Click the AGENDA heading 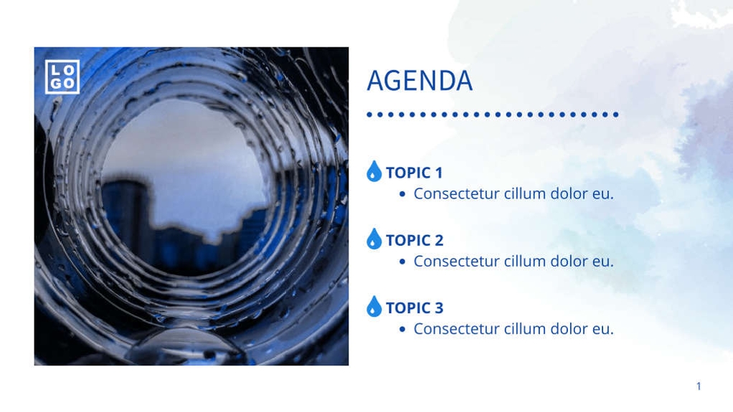pyautogui.click(x=420, y=81)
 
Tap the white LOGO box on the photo pyautogui.click(x=62, y=77)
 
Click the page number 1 pyautogui.click(x=699, y=386)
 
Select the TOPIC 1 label pyautogui.click(x=415, y=173)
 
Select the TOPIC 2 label pyautogui.click(x=415, y=240)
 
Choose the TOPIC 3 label pyautogui.click(x=415, y=308)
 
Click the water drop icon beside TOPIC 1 pyautogui.click(x=374, y=171)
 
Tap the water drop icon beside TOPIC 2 pyautogui.click(x=374, y=239)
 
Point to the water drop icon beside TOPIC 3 pyautogui.click(x=374, y=307)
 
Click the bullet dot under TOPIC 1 pyautogui.click(x=402, y=194)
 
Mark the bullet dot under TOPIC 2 pyautogui.click(x=402, y=262)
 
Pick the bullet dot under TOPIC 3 pyautogui.click(x=402, y=330)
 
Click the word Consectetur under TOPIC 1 pyautogui.click(x=456, y=193)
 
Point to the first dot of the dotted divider pyautogui.click(x=369, y=114)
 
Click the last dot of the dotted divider pyautogui.click(x=615, y=114)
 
